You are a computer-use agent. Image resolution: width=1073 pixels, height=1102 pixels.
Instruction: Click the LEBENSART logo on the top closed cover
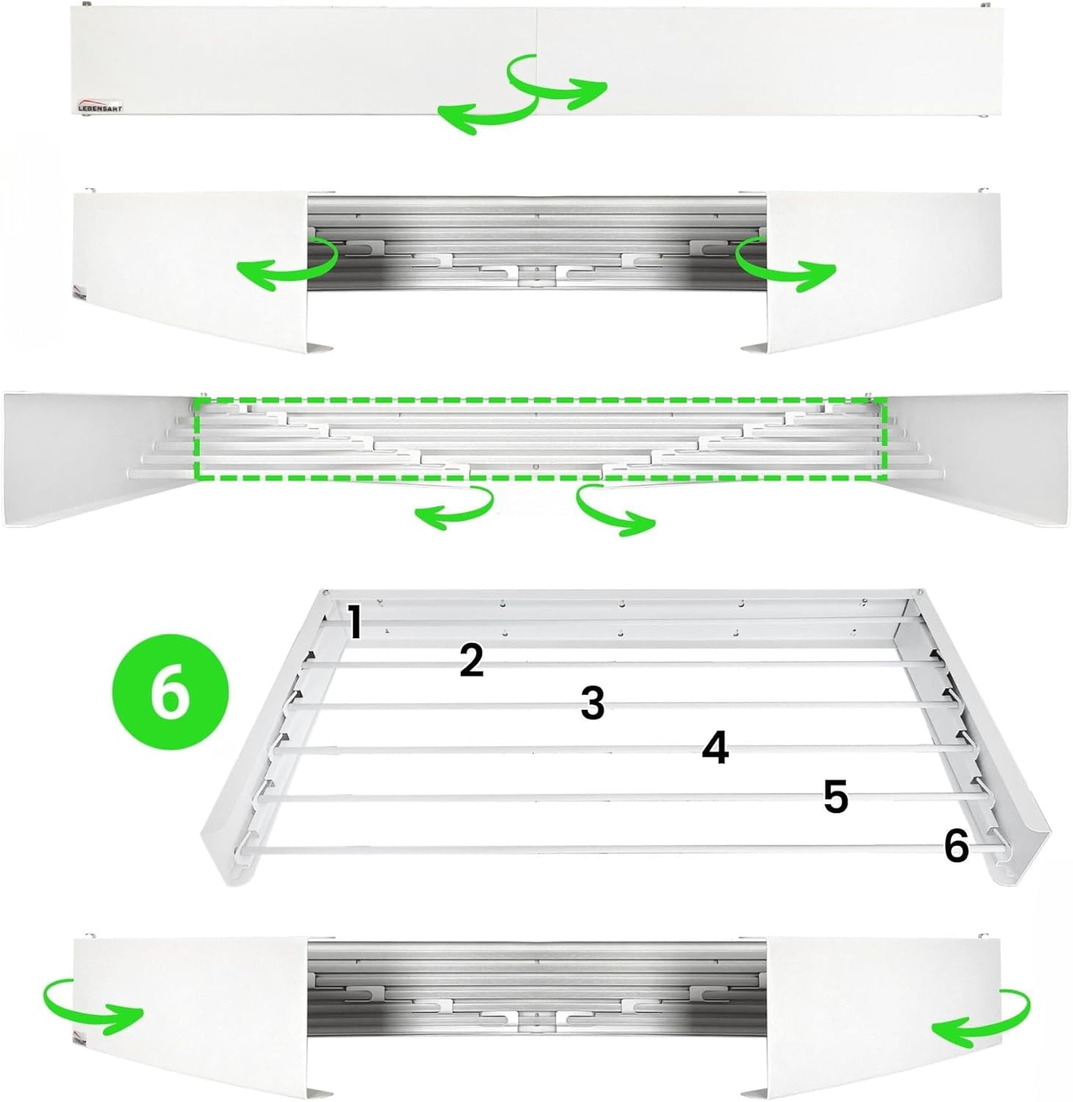tap(101, 105)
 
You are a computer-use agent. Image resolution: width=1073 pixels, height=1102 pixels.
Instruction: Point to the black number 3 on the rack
tap(592, 702)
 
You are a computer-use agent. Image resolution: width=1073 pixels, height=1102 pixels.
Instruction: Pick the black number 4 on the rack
tap(715, 749)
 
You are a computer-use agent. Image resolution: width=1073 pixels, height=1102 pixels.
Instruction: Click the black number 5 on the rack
tap(835, 796)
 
